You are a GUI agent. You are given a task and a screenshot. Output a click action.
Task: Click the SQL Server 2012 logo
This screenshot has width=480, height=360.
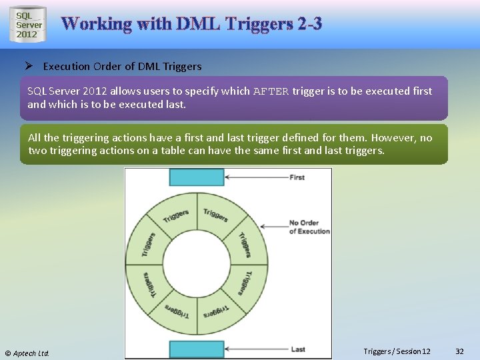pos(29,25)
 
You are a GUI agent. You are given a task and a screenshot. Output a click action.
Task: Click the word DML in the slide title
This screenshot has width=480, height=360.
pos(199,24)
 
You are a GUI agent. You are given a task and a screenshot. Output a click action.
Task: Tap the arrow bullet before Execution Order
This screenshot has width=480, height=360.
pos(29,66)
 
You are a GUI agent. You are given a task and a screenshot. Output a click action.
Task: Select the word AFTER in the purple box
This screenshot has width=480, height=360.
pos(271,91)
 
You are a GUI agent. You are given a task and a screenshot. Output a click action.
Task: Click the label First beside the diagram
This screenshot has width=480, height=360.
pos(297,177)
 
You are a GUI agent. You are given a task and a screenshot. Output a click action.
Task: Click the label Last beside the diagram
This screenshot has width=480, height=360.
pos(298,349)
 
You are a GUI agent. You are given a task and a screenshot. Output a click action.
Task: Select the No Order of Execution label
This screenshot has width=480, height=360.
pos(309,227)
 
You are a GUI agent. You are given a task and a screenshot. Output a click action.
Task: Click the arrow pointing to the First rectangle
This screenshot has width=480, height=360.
pos(256,177)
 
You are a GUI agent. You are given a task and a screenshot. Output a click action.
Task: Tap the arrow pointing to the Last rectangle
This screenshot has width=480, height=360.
pos(256,349)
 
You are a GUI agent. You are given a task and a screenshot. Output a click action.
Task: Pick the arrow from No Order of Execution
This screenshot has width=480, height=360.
pos(273,227)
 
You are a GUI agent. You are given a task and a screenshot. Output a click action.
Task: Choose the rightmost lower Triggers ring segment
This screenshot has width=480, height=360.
pos(244,283)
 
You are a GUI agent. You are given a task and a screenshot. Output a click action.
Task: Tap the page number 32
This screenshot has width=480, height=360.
pos(459,351)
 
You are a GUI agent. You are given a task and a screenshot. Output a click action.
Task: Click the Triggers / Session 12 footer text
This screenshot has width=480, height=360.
pos(397,351)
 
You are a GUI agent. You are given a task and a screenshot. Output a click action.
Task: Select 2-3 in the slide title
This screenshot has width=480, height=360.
pos(311,24)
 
